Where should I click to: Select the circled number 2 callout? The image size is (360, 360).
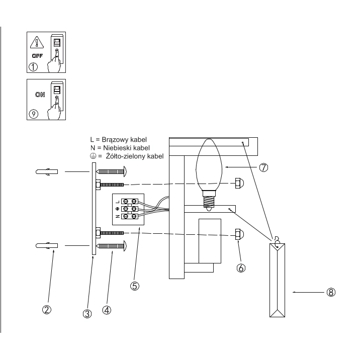coord(46,310)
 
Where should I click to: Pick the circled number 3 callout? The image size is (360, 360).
coord(86,315)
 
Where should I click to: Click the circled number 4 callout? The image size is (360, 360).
coord(106,310)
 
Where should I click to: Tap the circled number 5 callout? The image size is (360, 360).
coord(134,286)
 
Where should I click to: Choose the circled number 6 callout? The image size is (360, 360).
coord(241,268)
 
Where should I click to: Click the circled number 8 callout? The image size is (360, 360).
coord(331,292)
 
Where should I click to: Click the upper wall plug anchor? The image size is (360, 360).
coord(46,172)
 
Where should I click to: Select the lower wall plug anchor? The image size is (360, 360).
coord(46,246)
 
